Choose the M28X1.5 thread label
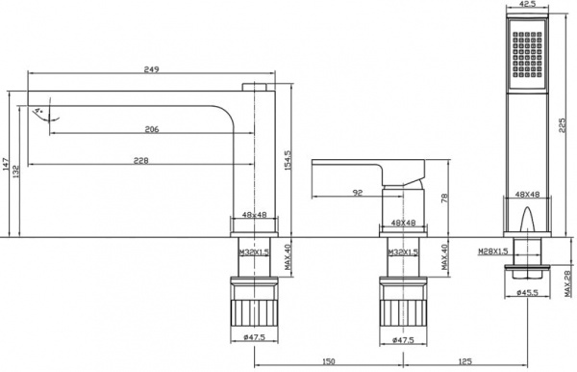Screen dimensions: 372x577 pyautogui.click(x=493, y=252)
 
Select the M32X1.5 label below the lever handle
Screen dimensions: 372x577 pyautogui.click(x=401, y=252)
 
